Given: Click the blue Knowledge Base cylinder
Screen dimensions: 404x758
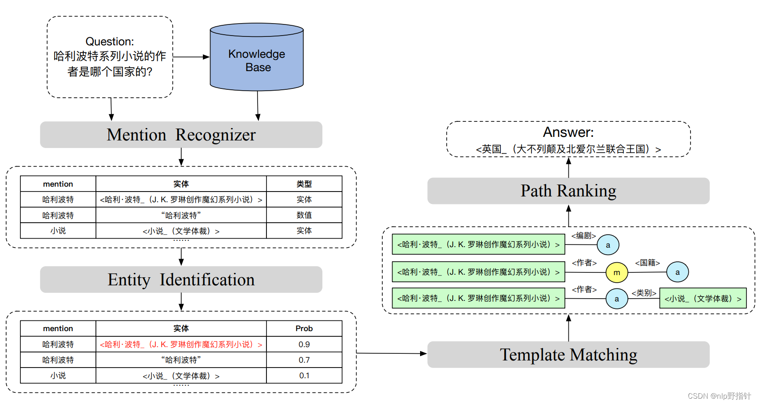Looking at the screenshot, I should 257,60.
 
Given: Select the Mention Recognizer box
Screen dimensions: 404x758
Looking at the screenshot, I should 181,135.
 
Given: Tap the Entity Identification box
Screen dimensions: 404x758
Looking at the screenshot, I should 181,280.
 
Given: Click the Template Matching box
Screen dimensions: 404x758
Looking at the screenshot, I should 568,355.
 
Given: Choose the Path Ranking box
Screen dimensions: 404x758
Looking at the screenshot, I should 568,191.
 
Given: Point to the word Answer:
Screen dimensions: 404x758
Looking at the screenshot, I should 568,132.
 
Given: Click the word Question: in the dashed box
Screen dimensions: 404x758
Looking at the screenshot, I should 110,41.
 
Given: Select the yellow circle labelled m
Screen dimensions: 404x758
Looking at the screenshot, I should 617,272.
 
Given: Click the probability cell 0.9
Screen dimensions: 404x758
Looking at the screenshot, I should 304,344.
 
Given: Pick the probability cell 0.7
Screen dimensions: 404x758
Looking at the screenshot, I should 304,360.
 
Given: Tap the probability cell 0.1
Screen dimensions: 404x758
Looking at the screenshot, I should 304,376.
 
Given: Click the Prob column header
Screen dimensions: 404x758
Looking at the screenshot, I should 304,328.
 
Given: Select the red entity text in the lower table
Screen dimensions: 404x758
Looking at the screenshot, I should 181,344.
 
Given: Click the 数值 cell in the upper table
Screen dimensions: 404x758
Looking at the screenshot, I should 304,215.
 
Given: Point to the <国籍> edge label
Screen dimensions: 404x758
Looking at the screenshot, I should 647,263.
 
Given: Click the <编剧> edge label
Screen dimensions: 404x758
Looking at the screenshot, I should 583,236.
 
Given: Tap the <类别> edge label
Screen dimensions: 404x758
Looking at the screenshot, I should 644,293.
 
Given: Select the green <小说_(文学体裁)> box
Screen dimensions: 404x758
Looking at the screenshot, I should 703,299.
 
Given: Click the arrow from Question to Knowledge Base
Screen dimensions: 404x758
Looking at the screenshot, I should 191,57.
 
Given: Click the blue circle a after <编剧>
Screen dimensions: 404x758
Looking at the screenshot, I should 608,245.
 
